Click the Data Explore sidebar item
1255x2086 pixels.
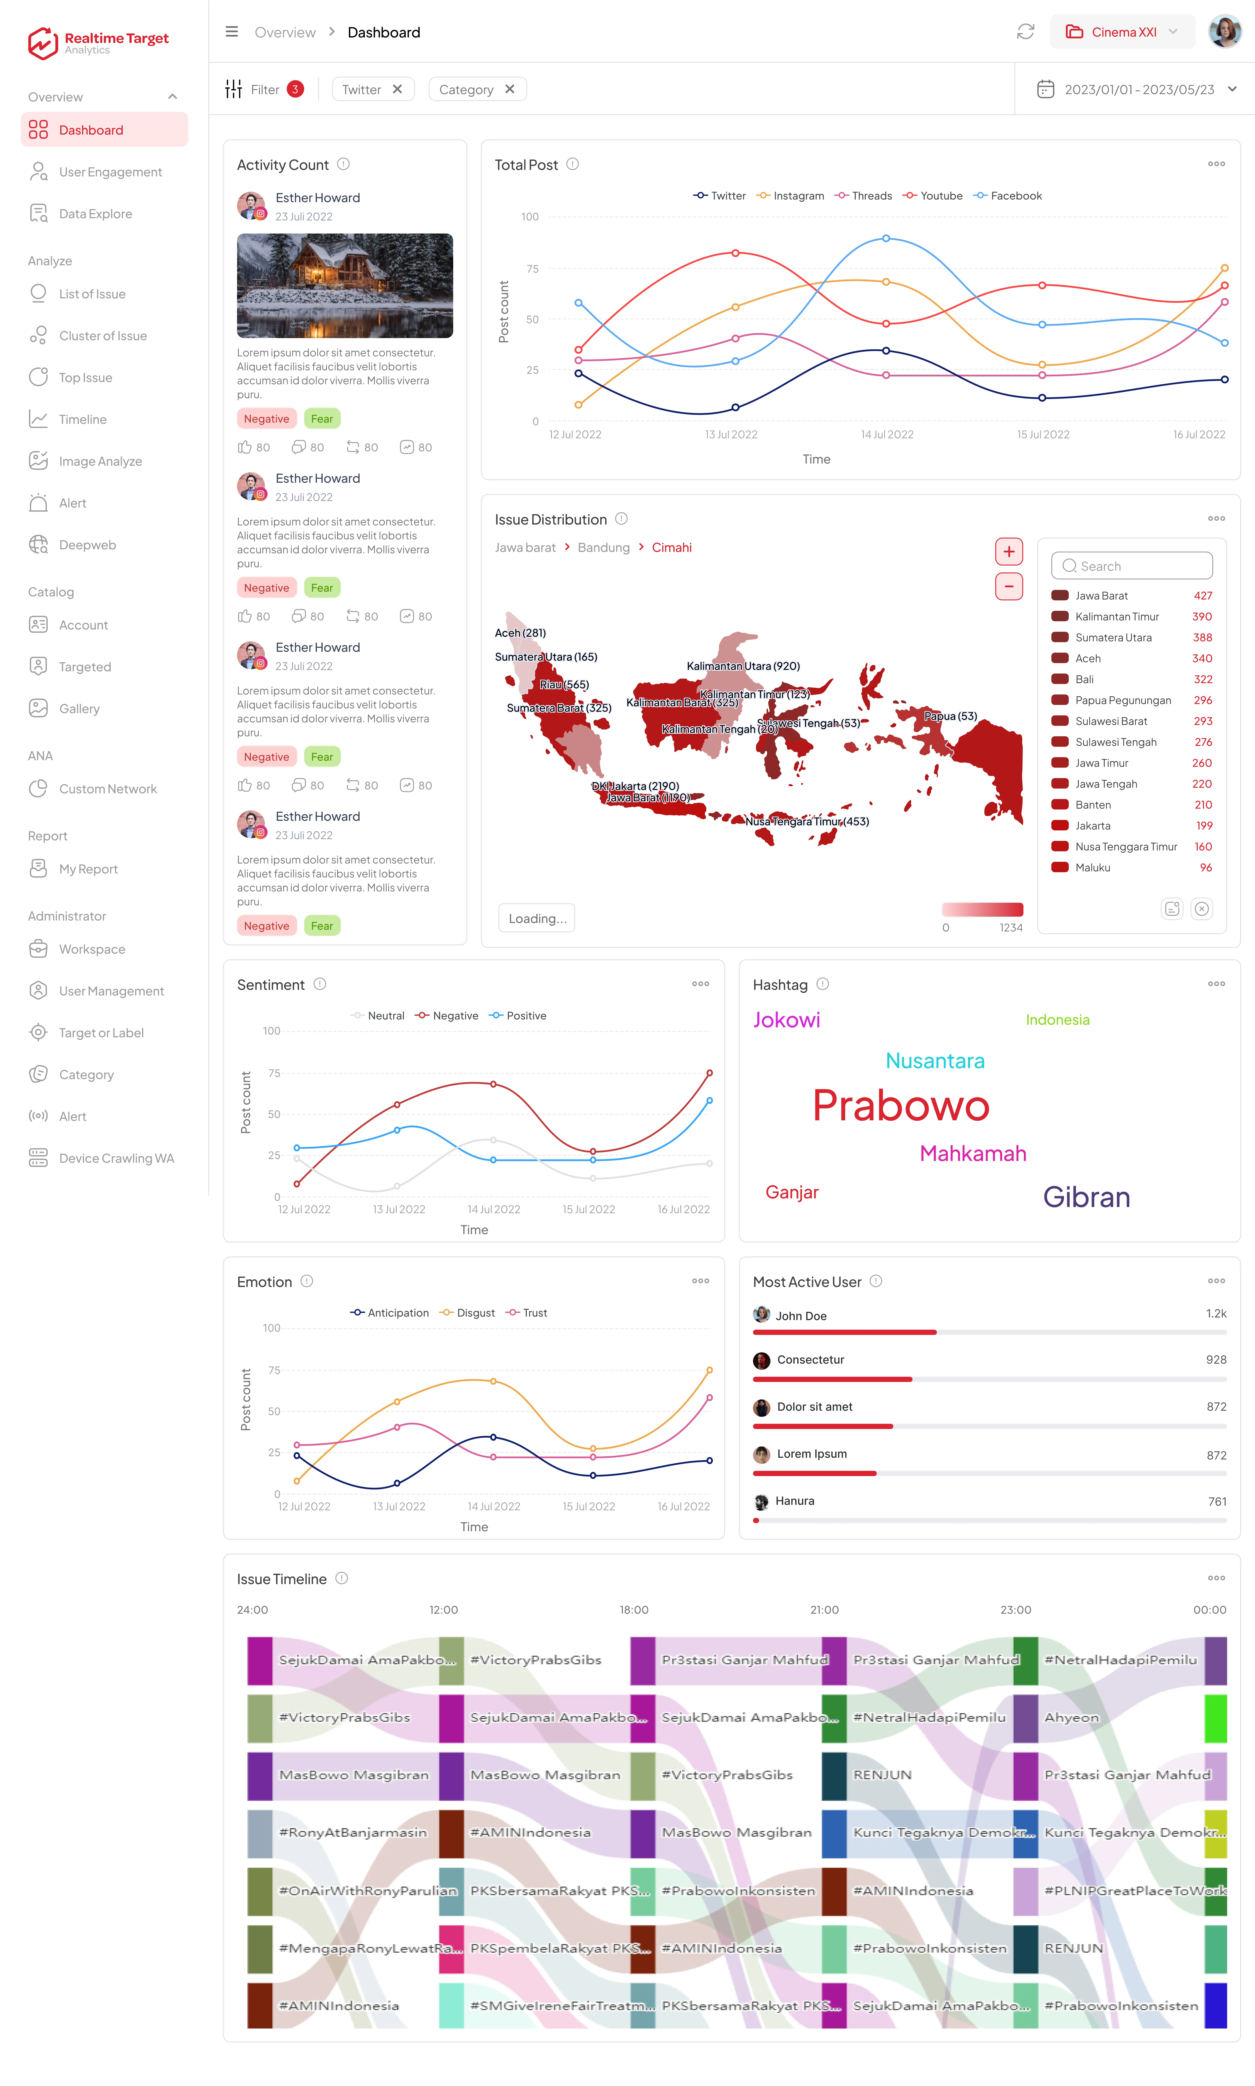coord(95,214)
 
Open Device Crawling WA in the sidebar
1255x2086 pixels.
coord(116,1158)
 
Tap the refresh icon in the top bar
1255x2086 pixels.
coord(1025,32)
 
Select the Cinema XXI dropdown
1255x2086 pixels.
coord(1122,32)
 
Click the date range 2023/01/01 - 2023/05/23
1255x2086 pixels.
coord(1138,90)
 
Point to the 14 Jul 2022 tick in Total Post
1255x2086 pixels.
coord(887,435)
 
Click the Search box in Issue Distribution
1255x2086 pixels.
coord(1131,566)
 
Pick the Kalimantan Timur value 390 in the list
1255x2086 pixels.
coord(1202,616)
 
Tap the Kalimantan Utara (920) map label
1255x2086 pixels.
coord(743,666)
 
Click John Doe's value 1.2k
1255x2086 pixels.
coord(1216,1313)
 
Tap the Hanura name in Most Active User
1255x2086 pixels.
coord(795,1501)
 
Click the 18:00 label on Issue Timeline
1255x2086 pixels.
coord(634,1610)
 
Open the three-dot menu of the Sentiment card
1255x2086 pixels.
coord(700,984)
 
